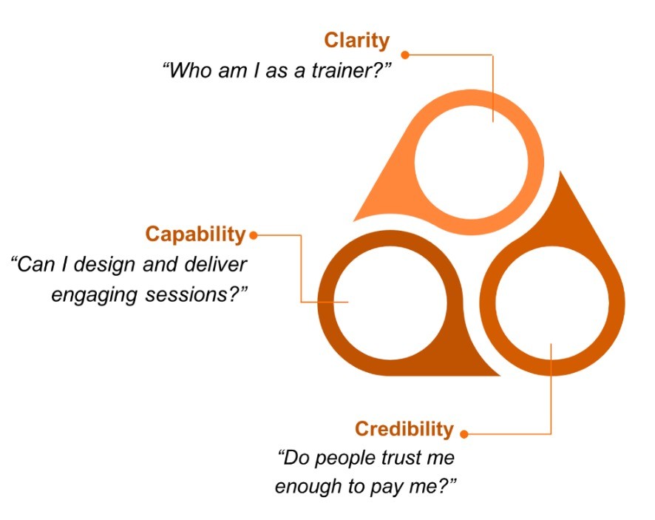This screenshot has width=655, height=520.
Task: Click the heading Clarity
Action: (x=356, y=41)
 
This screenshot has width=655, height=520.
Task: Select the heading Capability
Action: (x=195, y=234)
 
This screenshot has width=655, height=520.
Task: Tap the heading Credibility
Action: (x=404, y=429)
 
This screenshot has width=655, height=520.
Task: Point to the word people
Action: (x=341, y=458)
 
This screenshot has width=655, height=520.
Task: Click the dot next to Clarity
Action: (x=405, y=54)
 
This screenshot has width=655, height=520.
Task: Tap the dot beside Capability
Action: (x=254, y=235)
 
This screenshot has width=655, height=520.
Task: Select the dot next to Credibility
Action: (x=464, y=433)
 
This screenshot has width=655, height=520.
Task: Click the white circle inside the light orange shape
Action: (x=472, y=161)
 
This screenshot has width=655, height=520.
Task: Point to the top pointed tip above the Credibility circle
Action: (x=561, y=175)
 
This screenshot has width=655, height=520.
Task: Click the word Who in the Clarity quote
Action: (x=189, y=73)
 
